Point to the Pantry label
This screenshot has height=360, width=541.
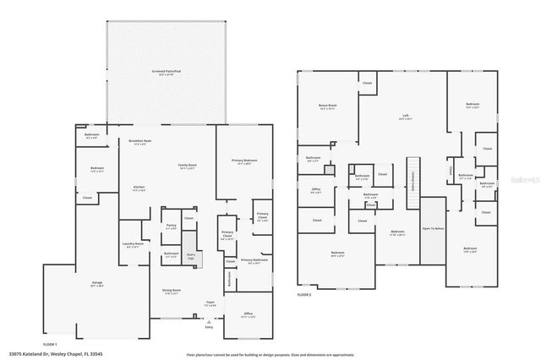pyautogui.click(x=171, y=226)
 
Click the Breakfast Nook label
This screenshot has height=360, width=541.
pyautogui.click(x=139, y=142)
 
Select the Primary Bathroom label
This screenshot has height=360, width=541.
pyautogui.click(x=254, y=261)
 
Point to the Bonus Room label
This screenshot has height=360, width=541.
pyautogui.click(x=328, y=106)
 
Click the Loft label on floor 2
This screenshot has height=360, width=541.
pyautogui.click(x=406, y=117)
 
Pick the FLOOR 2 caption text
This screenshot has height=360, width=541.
pyautogui.click(x=304, y=294)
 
